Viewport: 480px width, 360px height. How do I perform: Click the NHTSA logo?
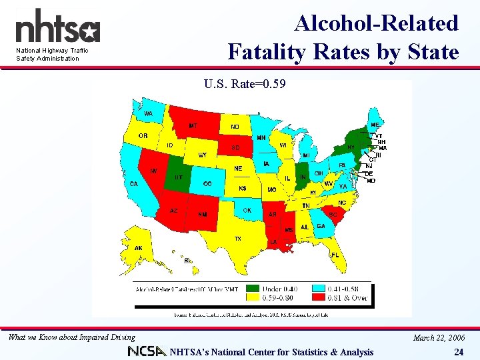point(57,28)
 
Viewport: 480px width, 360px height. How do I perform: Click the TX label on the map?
point(237,239)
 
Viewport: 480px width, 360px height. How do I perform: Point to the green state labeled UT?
point(178,177)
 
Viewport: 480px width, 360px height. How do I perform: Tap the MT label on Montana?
point(193,125)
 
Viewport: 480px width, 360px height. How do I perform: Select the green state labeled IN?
point(302,177)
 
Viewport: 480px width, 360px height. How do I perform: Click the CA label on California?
point(134,184)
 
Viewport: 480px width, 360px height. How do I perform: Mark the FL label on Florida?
point(335,255)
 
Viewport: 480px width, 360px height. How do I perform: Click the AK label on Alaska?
point(138,247)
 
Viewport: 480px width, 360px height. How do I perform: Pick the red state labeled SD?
point(235,147)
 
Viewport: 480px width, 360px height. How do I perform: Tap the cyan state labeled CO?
point(207,183)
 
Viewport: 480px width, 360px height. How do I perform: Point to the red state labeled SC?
point(332,215)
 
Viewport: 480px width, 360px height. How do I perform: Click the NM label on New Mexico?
point(202,214)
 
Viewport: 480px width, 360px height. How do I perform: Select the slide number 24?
point(458,352)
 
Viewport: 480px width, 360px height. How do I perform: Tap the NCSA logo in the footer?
point(146,352)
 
